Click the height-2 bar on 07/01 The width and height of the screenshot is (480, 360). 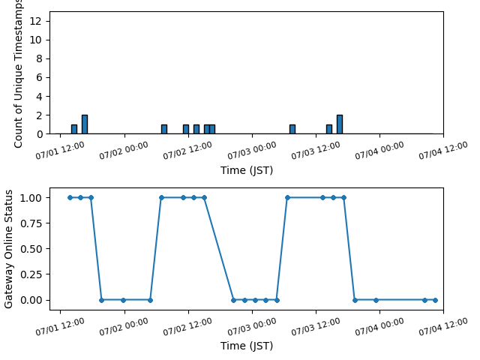(x=85, y=124)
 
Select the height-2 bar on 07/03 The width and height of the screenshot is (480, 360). (x=340, y=124)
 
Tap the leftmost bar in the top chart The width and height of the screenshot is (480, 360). (x=74, y=129)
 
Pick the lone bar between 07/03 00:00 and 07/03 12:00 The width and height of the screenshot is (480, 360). (x=292, y=129)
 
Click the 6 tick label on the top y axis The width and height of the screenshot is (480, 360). (x=39, y=77)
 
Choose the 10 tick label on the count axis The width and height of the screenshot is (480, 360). (x=35, y=40)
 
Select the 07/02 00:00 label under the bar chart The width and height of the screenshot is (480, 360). (x=124, y=150)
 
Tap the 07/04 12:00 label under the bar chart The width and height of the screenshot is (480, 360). (x=443, y=150)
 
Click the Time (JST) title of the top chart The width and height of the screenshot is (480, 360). (x=247, y=170)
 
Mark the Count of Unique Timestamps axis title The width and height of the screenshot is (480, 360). (x=18, y=74)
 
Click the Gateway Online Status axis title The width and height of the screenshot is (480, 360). (x=8, y=249)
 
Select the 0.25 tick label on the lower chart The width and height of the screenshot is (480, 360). (x=31, y=274)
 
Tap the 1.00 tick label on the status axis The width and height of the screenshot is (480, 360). (x=31, y=198)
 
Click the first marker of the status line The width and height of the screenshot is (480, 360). (x=70, y=198)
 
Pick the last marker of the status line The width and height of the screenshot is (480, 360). (x=435, y=300)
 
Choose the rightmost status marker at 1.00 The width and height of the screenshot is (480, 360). (x=343, y=198)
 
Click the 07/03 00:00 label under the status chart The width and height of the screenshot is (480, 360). (x=252, y=326)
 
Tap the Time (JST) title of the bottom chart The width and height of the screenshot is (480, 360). (x=247, y=346)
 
